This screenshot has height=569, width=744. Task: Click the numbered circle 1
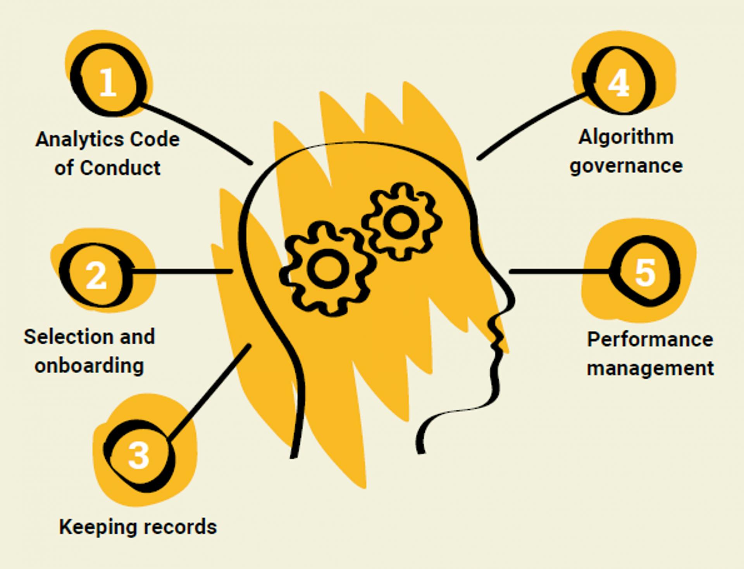click(x=107, y=82)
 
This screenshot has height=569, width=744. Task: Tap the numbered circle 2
click(x=96, y=275)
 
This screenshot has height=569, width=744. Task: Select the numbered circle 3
click(x=138, y=455)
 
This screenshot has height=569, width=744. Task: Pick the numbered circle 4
click(x=618, y=82)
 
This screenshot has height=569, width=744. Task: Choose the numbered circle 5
click(x=645, y=272)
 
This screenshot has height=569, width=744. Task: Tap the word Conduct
click(x=120, y=168)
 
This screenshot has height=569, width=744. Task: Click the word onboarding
click(x=89, y=366)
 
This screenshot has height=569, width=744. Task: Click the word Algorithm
click(x=626, y=137)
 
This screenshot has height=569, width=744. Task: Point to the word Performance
click(x=650, y=339)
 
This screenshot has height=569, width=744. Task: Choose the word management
click(x=650, y=368)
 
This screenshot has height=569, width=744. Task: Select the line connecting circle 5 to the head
click(x=558, y=272)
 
